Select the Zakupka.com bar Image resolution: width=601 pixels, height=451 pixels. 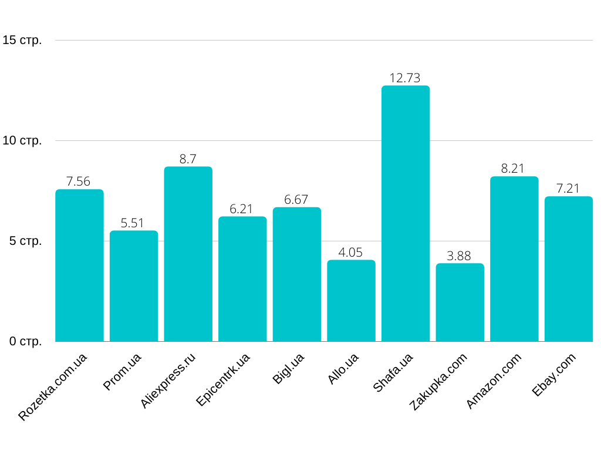point(460,302)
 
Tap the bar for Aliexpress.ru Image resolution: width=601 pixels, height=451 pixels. point(188,254)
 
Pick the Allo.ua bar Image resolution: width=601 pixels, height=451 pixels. point(351,301)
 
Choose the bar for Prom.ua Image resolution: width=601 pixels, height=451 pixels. point(134,286)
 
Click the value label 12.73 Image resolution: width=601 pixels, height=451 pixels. point(406,78)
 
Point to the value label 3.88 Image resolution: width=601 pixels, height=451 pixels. point(460,256)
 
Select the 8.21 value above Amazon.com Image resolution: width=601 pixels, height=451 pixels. point(514,169)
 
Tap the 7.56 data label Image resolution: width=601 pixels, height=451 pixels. point(79,181)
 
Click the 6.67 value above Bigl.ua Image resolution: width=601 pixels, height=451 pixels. point(296,200)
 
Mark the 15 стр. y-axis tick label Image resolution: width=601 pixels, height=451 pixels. point(22,41)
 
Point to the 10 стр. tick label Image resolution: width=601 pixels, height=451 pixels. point(22,141)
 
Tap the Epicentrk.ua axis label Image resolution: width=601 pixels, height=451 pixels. point(223,380)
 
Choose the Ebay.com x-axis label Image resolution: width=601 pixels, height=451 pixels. point(554,375)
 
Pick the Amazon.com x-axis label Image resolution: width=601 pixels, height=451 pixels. point(494,381)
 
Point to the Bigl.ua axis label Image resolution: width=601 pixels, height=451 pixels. point(288,369)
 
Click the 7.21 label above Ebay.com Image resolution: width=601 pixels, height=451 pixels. point(568,189)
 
